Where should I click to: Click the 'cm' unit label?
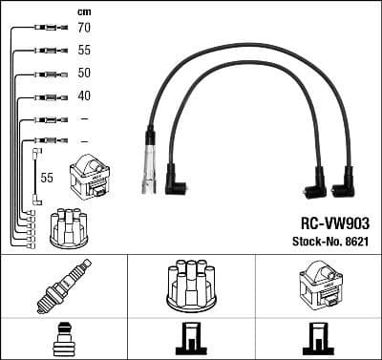[x=83, y=11]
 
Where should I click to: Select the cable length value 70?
[x=84, y=29]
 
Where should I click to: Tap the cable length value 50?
[x=84, y=74]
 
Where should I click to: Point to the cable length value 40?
[x=84, y=96]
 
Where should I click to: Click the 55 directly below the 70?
[x=84, y=51]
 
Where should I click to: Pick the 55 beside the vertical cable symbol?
[x=46, y=178]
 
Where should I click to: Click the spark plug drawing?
[x=63, y=285]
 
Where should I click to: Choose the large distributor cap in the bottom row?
[x=191, y=286]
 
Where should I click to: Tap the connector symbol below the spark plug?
[x=63, y=340]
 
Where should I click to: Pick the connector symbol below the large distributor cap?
[x=191, y=341]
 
